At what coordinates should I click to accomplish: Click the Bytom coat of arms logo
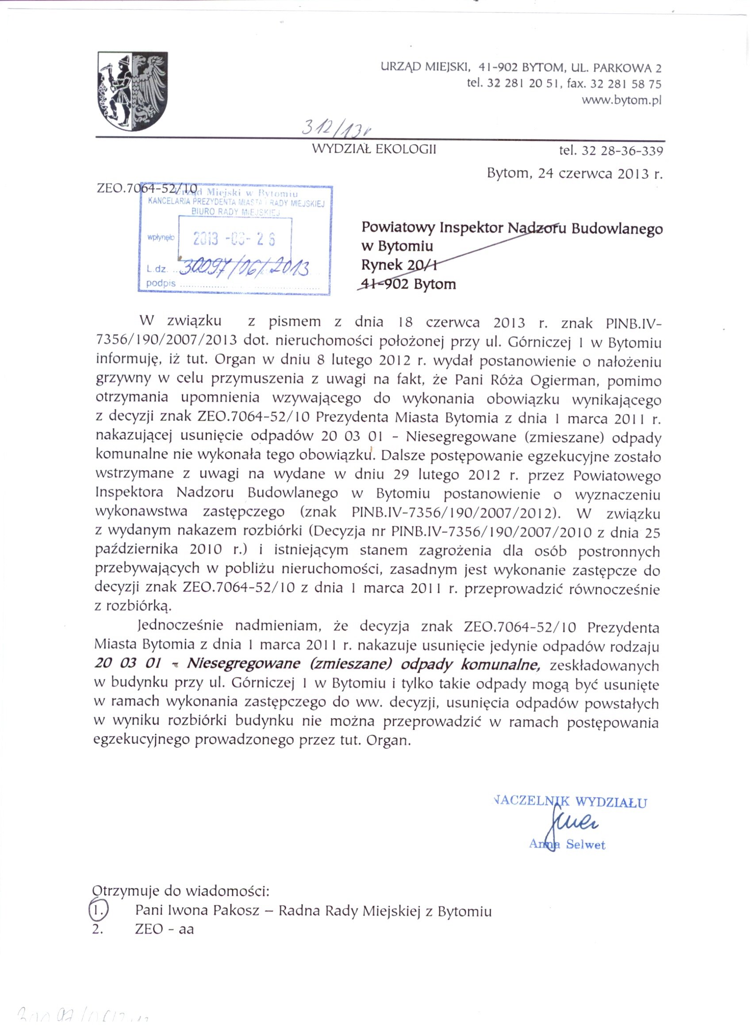pyautogui.click(x=132, y=91)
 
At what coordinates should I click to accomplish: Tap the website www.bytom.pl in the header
pyautogui.click(x=621, y=100)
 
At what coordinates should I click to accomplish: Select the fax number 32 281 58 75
pyautogui.click(x=625, y=84)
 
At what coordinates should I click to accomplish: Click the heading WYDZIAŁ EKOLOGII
pyautogui.click(x=374, y=149)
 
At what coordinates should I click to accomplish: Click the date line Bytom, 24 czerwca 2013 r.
pyautogui.click(x=575, y=174)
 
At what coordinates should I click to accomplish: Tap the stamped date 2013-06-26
pyautogui.click(x=234, y=239)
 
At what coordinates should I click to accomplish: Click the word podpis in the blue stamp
pyautogui.click(x=161, y=284)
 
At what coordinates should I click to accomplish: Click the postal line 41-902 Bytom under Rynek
pyautogui.click(x=408, y=284)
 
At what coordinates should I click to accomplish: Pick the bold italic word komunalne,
pyautogui.click(x=500, y=664)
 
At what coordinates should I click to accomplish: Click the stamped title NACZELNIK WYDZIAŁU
pyautogui.click(x=570, y=802)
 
